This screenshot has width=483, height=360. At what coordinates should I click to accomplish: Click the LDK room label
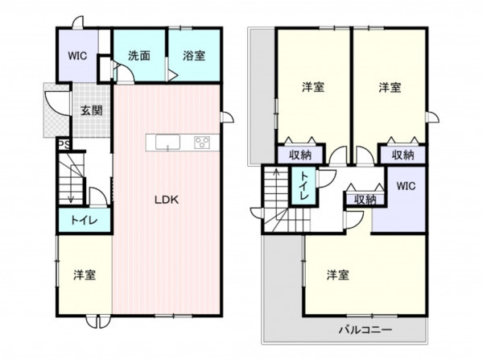coord(167,200)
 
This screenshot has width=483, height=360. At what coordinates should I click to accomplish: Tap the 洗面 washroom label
coord(139,56)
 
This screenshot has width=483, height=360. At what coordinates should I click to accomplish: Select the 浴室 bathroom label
coord(194,56)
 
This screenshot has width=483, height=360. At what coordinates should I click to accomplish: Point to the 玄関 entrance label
coord(92,110)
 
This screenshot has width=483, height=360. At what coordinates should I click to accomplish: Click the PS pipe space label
coord(64,145)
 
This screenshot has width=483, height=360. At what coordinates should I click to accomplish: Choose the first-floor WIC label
coord(77,56)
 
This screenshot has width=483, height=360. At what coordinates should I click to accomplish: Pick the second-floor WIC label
coord(406,186)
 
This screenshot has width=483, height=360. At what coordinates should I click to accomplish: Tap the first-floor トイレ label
coord(85,221)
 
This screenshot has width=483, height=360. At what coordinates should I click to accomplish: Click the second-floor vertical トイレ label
coord(304,186)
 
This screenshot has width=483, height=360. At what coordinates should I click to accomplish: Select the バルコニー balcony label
coord(365,330)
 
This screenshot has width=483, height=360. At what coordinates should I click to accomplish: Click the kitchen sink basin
coord(167,143)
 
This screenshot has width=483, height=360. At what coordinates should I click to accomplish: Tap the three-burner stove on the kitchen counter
coord(202,143)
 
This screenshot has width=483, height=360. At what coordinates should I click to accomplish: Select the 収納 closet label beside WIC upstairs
coord(365,200)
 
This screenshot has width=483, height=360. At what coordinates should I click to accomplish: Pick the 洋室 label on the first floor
coord(85,275)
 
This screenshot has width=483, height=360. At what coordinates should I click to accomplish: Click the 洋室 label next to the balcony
coord(338,275)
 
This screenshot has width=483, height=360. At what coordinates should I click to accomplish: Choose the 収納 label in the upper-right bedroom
coord(403,155)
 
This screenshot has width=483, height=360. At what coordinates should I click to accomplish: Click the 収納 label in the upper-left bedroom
coord(300,155)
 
